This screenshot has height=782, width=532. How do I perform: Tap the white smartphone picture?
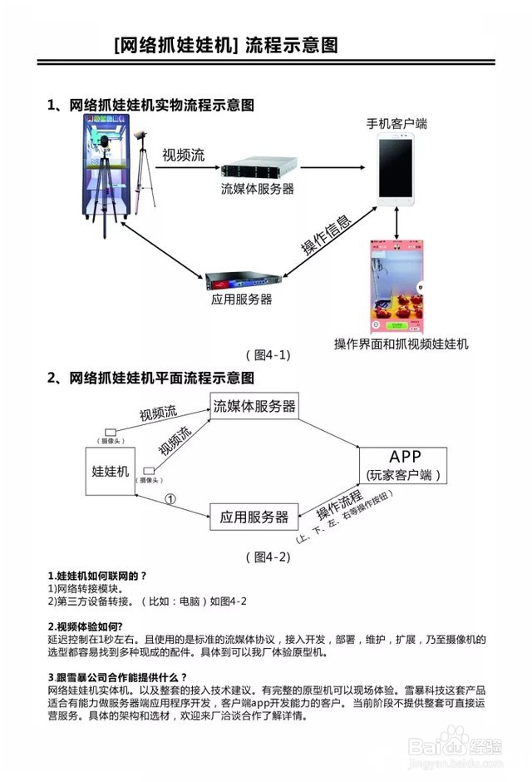[x=397, y=171]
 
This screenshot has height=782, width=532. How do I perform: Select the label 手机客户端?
[x=397, y=124]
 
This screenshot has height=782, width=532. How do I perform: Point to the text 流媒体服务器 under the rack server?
[x=258, y=190]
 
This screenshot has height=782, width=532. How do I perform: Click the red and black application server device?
[x=240, y=279]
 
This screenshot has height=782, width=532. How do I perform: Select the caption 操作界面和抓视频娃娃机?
[x=401, y=344]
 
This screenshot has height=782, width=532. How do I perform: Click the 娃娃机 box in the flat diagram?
[x=111, y=472]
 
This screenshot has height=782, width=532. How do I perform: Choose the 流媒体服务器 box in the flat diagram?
[x=254, y=407]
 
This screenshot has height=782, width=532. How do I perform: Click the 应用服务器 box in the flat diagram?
[x=254, y=517]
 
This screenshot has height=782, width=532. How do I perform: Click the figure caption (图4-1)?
[x=267, y=355]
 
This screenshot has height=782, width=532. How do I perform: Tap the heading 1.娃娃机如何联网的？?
[x=97, y=576]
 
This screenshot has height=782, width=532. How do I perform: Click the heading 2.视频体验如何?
[x=86, y=626]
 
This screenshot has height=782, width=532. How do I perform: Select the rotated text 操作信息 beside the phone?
[x=326, y=236]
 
